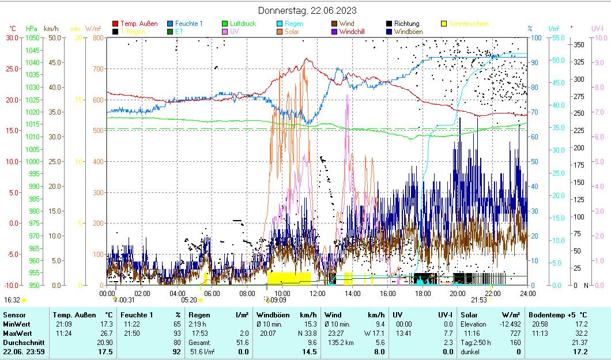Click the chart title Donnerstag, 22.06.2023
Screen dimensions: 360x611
(307, 10)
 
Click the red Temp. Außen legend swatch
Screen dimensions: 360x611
(115, 24)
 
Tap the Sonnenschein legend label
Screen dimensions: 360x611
(469, 24)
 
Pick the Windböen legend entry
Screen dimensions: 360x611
(412, 32)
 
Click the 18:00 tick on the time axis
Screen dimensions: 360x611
(423, 293)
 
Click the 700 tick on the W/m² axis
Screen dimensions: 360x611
(97, 69)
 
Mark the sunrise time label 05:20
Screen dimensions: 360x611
(189, 300)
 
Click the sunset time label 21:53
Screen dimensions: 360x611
(478, 300)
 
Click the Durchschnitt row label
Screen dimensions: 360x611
(22, 343)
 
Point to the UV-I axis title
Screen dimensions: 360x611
(597, 28)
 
